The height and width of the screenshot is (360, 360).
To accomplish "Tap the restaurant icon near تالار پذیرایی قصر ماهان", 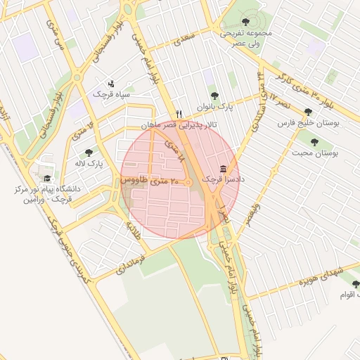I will (x=179, y=114).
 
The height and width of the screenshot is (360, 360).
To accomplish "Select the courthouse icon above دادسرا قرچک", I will (x=224, y=169).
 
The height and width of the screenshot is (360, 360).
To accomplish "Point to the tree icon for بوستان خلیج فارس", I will (x=308, y=112).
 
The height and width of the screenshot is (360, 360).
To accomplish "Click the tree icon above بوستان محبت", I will (x=314, y=141).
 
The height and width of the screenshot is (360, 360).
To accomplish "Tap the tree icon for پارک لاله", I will (x=89, y=153).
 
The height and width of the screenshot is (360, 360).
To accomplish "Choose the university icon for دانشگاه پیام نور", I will (x=47, y=178).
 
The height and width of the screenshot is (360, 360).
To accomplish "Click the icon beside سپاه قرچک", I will (x=110, y=84).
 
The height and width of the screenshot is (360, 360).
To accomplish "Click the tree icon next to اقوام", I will (x=355, y=284).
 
